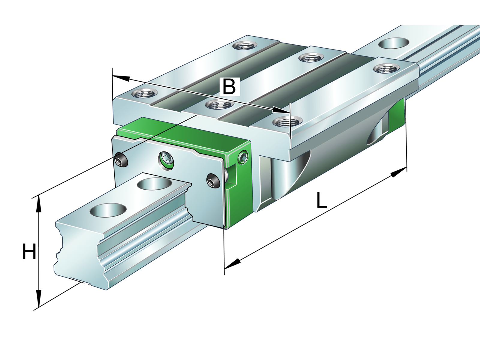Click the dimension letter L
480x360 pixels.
322,200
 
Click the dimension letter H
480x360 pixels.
29,252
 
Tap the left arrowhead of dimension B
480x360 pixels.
121,78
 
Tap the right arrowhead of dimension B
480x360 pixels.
281,110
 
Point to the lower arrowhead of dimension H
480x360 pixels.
38,298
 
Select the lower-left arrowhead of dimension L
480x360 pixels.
232,264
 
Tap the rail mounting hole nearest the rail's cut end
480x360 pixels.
108,210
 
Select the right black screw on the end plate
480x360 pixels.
213,180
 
